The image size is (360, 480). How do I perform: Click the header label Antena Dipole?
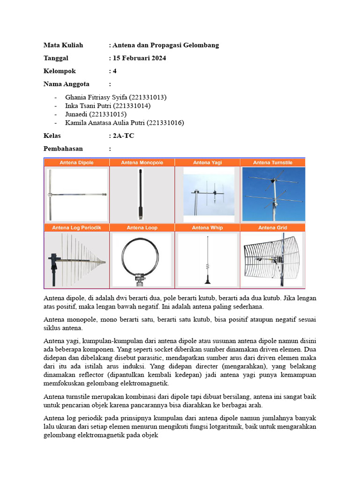point(76,163)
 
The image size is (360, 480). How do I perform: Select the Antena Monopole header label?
point(142,163)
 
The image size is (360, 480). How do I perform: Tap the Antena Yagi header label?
point(207,163)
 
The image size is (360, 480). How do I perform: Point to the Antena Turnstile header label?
point(272,163)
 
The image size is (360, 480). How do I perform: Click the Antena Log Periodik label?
point(76,227)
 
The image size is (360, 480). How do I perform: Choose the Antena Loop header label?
point(142,227)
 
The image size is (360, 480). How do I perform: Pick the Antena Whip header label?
point(207,227)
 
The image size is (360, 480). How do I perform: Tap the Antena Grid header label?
point(272,227)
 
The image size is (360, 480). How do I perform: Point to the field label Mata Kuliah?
point(63,45)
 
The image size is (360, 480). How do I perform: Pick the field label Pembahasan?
point(63,149)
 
